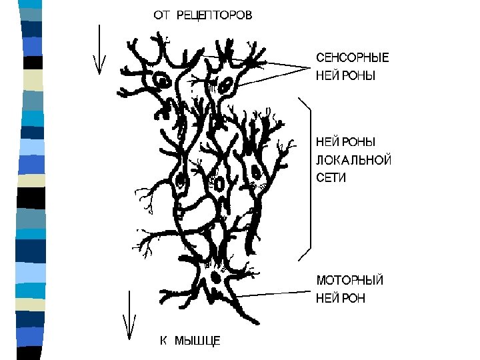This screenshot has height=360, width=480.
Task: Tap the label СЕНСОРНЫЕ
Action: [x=352, y=58]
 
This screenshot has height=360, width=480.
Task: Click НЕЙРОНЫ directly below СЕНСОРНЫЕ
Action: [x=345, y=76]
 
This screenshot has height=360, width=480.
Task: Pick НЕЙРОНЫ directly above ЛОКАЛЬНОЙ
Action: [x=345, y=142]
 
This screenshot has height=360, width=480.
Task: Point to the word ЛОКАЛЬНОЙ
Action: [x=353, y=160]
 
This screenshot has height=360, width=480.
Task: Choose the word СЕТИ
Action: [x=331, y=178]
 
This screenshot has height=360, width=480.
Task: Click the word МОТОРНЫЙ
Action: [x=349, y=280]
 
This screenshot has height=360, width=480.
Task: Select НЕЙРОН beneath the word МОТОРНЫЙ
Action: [x=340, y=298]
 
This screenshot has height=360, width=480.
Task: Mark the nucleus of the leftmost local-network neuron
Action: [x=180, y=180]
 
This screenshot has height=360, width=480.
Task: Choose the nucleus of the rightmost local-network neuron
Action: [x=256, y=172]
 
